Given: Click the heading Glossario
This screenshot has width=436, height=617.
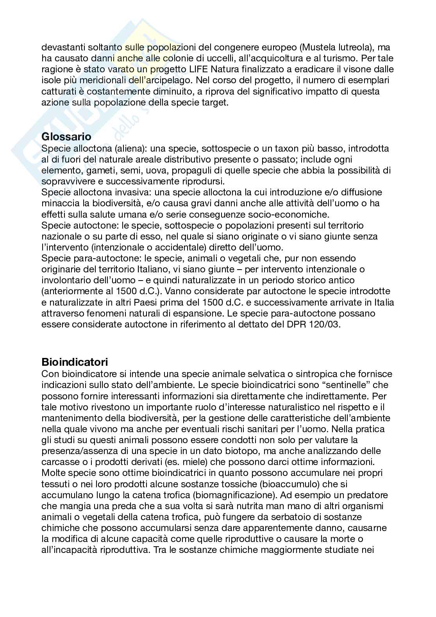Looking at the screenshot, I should pyautogui.click(x=66, y=137).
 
